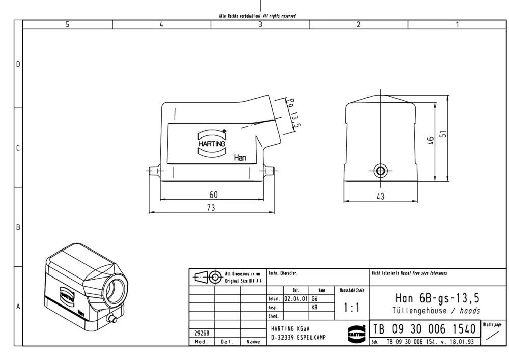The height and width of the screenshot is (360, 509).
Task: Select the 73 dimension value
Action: (211, 207)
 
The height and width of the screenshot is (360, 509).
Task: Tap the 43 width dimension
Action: (380, 197)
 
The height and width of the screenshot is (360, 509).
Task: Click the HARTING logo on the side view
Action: (211, 141)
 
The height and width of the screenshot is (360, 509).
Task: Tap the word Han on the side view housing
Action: (240, 158)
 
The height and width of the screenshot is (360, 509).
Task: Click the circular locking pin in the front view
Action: (380, 170)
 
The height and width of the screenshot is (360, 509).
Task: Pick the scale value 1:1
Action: (351, 308)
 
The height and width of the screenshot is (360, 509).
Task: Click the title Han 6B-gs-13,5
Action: (437, 298)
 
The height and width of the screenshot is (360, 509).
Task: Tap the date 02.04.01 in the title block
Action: (295, 299)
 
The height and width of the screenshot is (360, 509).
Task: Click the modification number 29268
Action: (202, 333)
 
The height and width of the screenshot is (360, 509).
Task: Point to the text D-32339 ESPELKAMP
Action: (298, 338)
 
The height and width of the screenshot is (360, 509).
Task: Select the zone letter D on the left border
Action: (18, 65)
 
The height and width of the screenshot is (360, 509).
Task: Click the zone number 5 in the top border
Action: (67, 24)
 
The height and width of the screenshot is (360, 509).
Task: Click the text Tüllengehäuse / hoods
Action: (437, 310)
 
